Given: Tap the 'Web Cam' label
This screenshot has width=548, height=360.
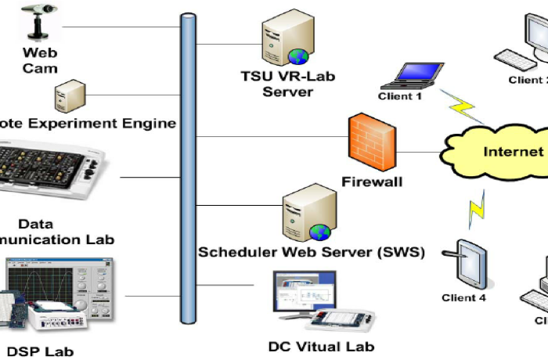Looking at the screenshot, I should click(40, 60).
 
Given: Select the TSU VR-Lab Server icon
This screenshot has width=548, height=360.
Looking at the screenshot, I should click(283, 40).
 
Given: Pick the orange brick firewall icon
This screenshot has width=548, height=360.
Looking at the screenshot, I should click(371, 143).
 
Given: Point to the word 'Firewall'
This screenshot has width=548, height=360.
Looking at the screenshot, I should click(372, 182).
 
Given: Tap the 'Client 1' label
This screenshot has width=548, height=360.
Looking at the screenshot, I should click(400, 96).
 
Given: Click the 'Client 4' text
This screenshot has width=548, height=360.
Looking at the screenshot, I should click(463, 298).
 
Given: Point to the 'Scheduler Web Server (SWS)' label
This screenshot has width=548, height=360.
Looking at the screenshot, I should click(311, 252).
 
